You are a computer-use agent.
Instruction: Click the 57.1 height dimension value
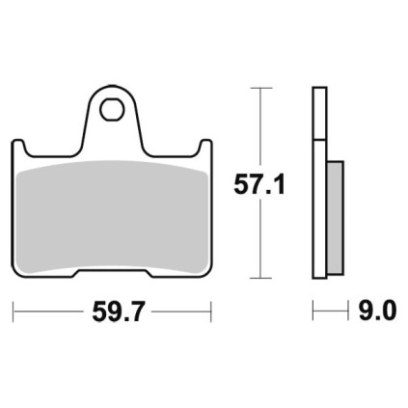pos(259,184)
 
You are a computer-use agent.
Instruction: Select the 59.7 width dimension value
pos(117,312)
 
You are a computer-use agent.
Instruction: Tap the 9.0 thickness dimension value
pos(377,312)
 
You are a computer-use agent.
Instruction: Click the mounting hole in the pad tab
pos(112,110)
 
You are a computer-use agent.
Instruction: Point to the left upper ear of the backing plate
pos(18,148)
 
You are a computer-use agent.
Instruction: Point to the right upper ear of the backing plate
pos(205,148)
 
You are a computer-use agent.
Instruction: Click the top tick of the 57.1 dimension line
pos(260,88)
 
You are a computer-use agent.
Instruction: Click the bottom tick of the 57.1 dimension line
pos(260,278)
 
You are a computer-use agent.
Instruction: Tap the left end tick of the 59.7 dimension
pos(13,312)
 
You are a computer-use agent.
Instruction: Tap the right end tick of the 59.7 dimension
pos(211,312)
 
